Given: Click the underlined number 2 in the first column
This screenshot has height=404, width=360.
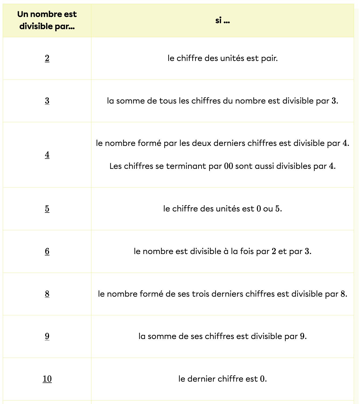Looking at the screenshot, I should pos(47,58).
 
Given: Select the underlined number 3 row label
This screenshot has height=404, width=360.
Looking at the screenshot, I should pos(47,101).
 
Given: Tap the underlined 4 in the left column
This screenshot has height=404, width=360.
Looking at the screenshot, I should pos(47,155).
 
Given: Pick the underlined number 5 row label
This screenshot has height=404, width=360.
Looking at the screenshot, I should pos(47,208).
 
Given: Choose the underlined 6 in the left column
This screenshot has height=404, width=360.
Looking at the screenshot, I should pos(47,251).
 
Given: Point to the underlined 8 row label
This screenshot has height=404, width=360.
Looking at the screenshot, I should pos(47,294).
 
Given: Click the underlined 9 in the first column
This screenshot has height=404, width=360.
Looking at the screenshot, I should pos(47,336).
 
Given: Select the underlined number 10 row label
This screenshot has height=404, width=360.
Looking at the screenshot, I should pos(47,379).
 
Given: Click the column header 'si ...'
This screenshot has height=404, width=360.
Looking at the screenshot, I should pos(223,20).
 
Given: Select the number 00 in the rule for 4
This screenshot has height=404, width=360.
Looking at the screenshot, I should pos(229,166).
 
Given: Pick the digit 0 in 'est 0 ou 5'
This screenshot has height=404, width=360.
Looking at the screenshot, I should pos(259,209).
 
